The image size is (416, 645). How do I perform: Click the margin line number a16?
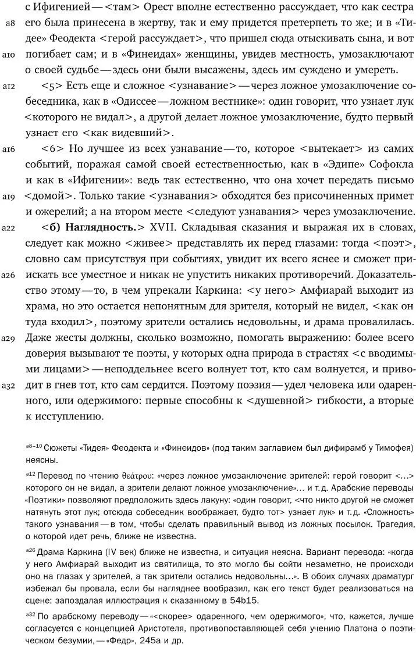[x=8, y=149]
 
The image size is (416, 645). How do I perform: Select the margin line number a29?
[x=8, y=338]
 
